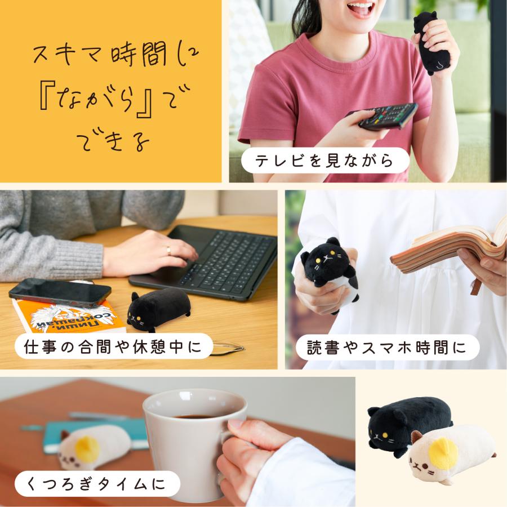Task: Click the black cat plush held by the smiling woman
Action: click(x=432, y=42)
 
